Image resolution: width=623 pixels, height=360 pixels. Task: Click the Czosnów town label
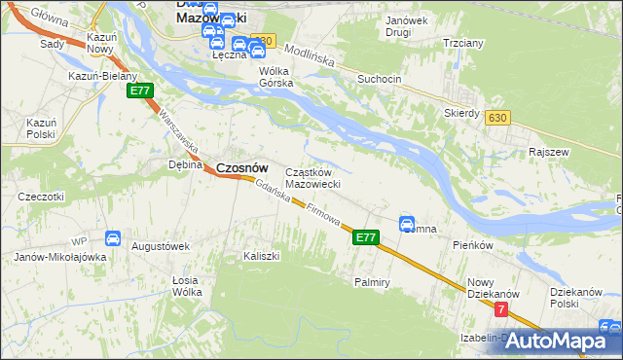(241, 167)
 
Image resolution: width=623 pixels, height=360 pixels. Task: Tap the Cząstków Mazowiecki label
(311, 178)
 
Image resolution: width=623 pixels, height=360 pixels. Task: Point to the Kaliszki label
(261, 256)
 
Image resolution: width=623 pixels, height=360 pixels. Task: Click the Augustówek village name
(160, 246)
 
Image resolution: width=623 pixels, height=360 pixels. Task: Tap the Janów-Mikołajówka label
(59, 257)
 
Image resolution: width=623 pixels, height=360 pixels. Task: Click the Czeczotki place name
(40, 197)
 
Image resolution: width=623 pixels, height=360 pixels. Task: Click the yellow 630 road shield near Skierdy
(498, 117)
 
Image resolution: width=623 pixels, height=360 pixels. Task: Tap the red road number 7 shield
(501, 309)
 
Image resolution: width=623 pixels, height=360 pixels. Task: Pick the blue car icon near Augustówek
(113, 237)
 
